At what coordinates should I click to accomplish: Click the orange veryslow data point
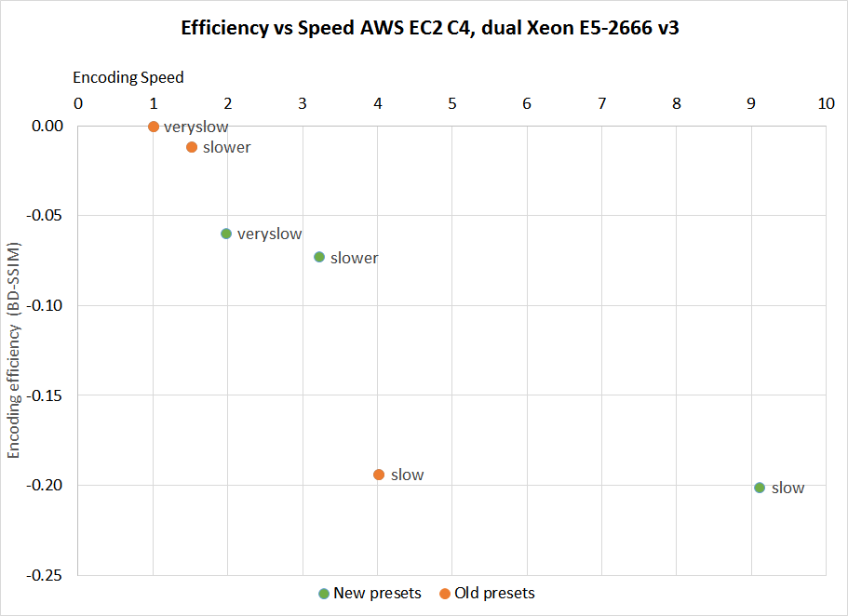[x=154, y=127]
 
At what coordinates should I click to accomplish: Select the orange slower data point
[x=192, y=147]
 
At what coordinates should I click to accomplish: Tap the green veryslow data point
[x=226, y=234]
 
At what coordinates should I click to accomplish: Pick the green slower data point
[x=319, y=257]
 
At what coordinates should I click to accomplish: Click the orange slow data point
[x=379, y=475]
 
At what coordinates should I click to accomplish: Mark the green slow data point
[x=760, y=488]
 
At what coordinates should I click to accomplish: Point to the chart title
[x=424, y=28]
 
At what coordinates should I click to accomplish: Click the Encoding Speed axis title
[x=128, y=77]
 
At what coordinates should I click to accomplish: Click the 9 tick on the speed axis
[x=751, y=103]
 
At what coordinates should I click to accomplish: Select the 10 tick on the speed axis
[x=825, y=103]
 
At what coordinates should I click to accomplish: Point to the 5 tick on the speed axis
[x=451, y=103]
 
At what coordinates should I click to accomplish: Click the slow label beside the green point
[x=787, y=488]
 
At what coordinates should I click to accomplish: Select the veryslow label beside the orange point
[x=195, y=127]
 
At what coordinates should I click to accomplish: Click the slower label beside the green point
[x=354, y=258]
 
